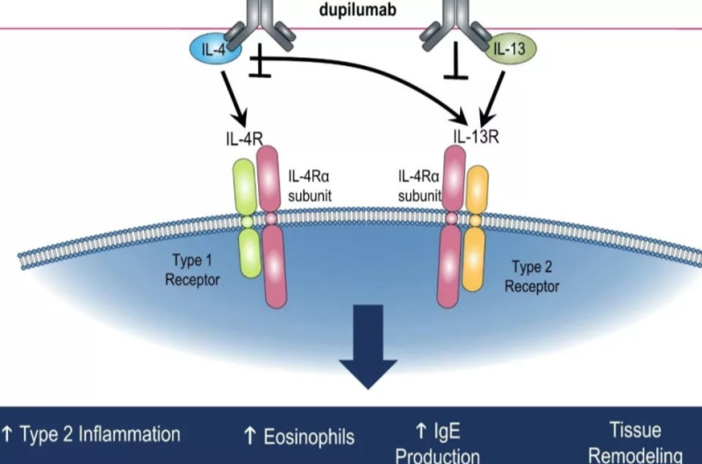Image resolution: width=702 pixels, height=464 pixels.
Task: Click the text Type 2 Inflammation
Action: click(91, 434)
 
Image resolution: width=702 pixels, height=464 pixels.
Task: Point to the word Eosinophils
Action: click(300, 436)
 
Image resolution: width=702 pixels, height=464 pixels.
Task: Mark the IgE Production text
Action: click(438, 444)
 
